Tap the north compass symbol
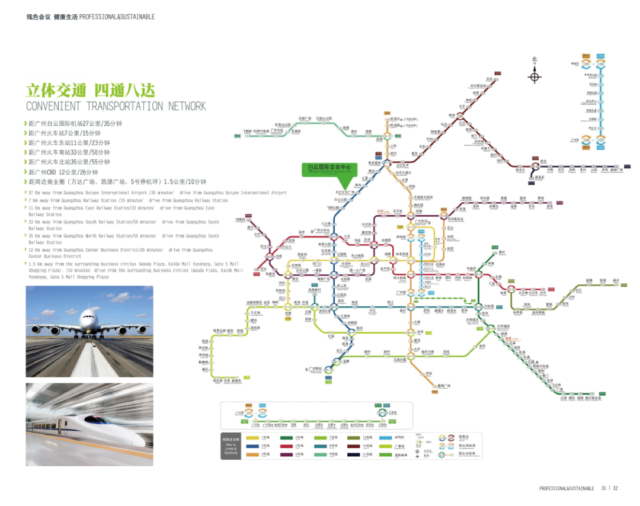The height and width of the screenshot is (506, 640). coord(534,77)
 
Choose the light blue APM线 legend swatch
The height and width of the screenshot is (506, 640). coord(383,437)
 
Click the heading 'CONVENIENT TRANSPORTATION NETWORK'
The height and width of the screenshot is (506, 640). coord(116,106)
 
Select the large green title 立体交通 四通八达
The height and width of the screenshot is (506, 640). coord(90,90)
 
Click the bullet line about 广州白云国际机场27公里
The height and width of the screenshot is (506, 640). coord(75,124)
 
